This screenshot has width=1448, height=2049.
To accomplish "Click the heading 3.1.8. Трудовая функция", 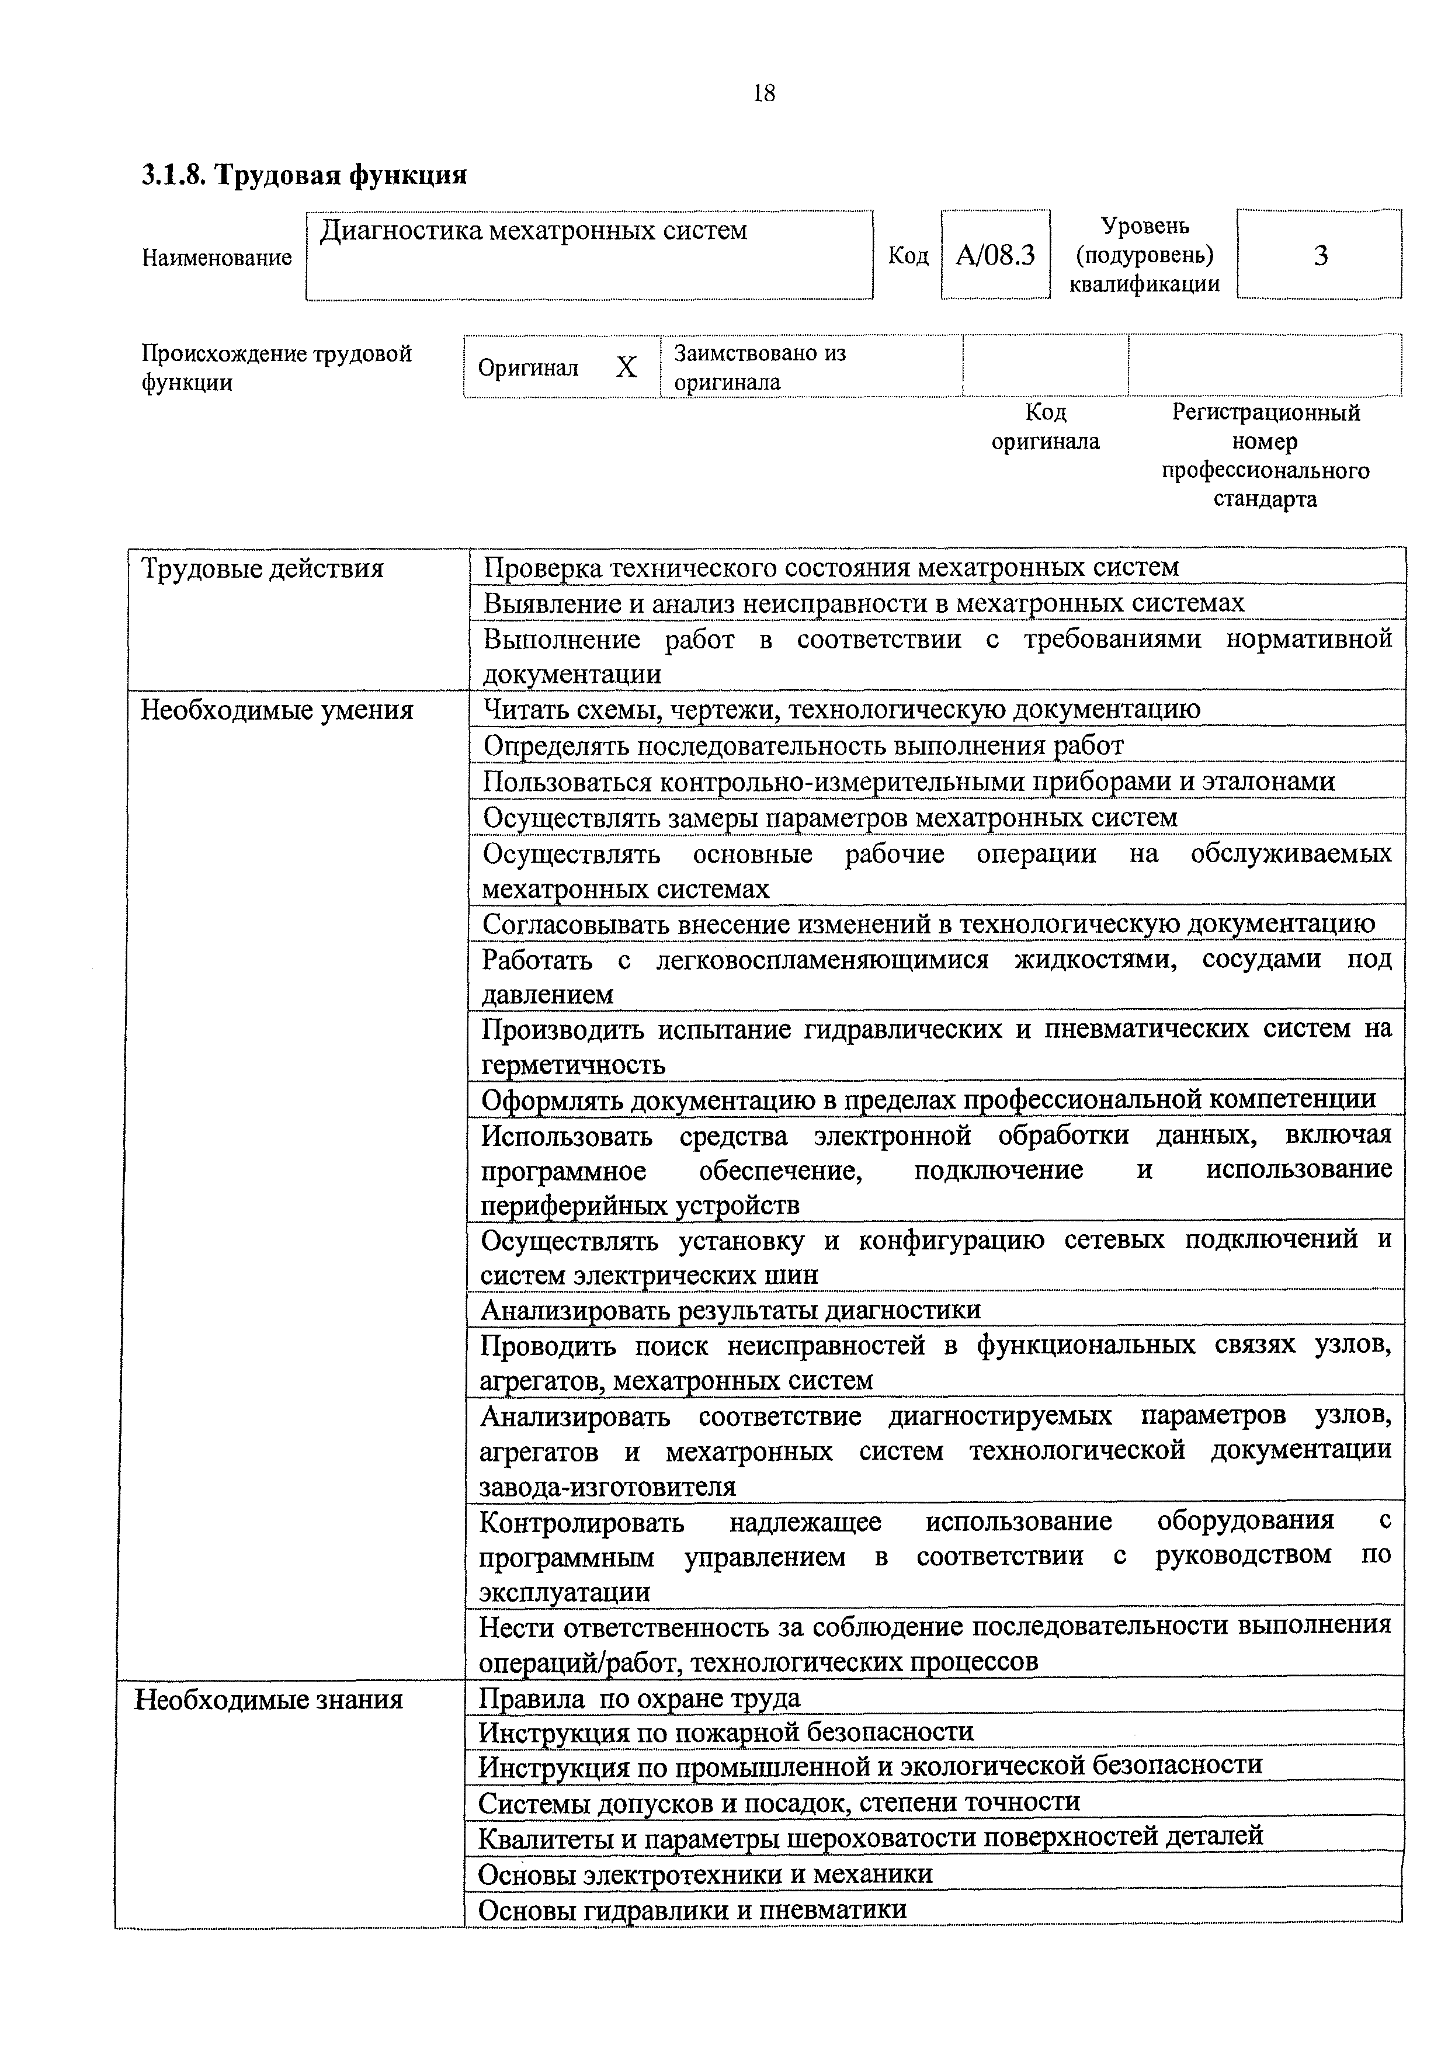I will tap(304, 174).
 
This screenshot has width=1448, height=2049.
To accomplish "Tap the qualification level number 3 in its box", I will tap(1319, 256).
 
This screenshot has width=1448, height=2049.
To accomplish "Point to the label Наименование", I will tap(217, 258).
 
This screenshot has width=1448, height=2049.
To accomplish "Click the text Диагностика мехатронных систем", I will tap(533, 231).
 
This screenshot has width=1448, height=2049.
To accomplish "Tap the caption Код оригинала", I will tap(1046, 426).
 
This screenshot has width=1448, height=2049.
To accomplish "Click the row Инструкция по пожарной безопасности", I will tap(726, 1732).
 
